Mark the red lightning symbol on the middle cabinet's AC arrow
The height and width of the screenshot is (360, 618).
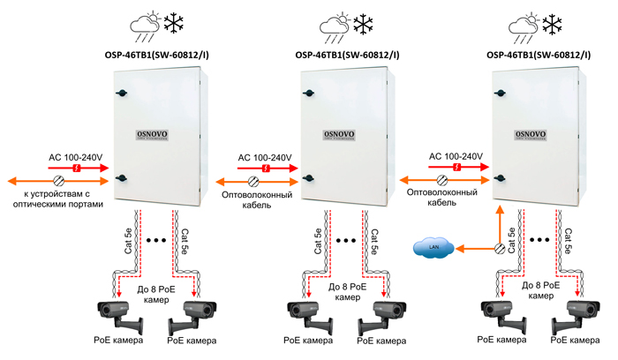click(x=268, y=167)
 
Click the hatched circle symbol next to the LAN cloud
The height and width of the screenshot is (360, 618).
click(x=500, y=250)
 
